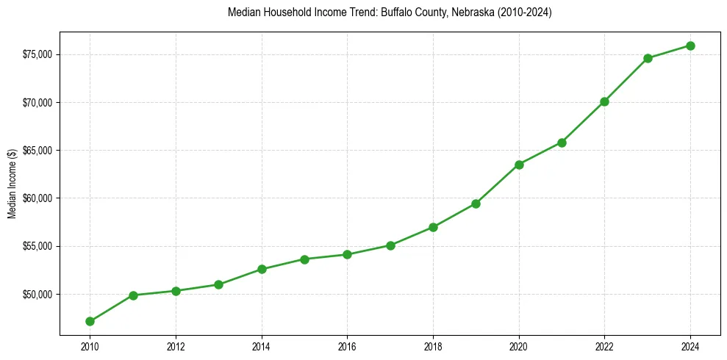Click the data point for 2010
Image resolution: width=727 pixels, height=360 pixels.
click(x=90, y=321)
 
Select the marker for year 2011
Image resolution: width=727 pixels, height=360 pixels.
click(x=133, y=295)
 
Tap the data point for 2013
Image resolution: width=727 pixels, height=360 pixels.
click(x=218, y=284)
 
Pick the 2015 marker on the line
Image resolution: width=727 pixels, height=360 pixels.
click(x=304, y=259)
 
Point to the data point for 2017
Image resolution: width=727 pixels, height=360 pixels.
click(x=390, y=245)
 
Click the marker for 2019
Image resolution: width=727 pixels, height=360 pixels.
click(x=476, y=204)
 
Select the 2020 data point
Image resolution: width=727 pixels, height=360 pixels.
click(x=519, y=165)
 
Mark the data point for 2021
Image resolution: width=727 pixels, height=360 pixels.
click(x=562, y=143)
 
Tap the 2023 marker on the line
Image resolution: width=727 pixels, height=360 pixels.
click(x=648, y=58)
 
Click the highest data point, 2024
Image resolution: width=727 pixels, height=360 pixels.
click(x=690, y=46)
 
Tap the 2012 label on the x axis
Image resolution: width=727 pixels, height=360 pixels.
click(x=176, y=346)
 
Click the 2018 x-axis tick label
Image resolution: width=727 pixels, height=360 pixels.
click(x=433, y=346)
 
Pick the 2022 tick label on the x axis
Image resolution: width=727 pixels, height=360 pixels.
click(x=604, y=346)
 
